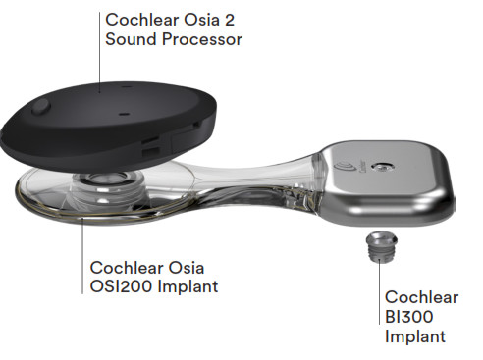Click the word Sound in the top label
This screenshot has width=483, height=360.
130,40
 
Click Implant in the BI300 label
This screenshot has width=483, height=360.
415,336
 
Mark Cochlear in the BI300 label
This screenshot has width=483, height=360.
421,296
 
